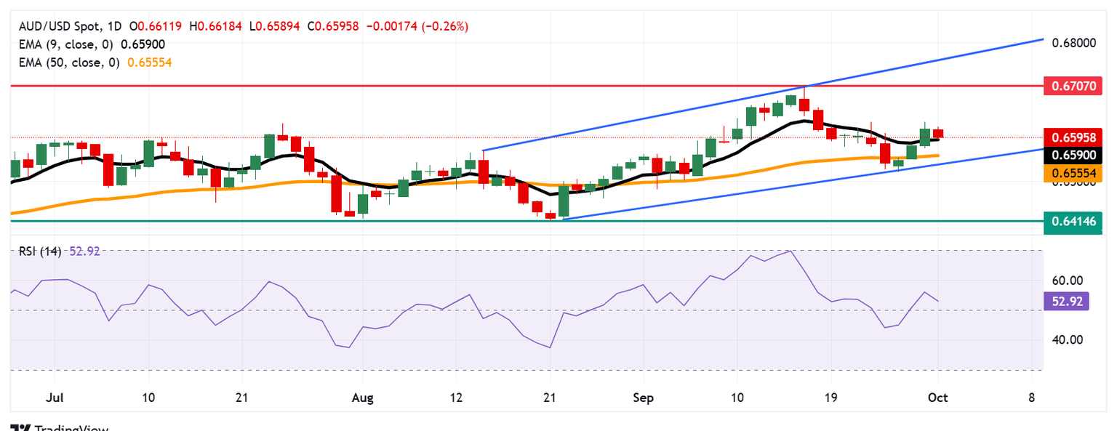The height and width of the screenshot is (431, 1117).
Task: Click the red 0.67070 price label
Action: click(x=1073, y=86)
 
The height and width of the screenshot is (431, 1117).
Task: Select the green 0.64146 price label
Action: click(x=1073, y=220)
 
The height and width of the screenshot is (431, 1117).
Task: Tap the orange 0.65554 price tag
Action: click(x=1073, y=173)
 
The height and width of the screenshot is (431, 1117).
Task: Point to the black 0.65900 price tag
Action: click(x=1073, y=155)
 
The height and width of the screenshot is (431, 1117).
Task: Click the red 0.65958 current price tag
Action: click(x=1073, y=137)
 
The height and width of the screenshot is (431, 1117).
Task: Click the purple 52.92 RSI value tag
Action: click(x=1067, y=301)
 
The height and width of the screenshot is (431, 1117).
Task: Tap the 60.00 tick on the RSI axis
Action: click(x=1067, y=281)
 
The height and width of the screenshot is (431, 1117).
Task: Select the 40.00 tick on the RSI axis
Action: click(x=1067, y=339)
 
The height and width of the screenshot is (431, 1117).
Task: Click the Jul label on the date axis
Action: click(x=54, y=398)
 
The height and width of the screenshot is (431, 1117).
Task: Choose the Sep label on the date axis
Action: click(x=644, y=398)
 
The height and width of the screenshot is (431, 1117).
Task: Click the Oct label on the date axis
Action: click(x=937, y=398)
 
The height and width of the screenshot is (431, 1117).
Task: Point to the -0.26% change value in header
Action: click(x=448, y=26)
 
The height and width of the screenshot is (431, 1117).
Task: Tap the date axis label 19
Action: click(x=830, y=398)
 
